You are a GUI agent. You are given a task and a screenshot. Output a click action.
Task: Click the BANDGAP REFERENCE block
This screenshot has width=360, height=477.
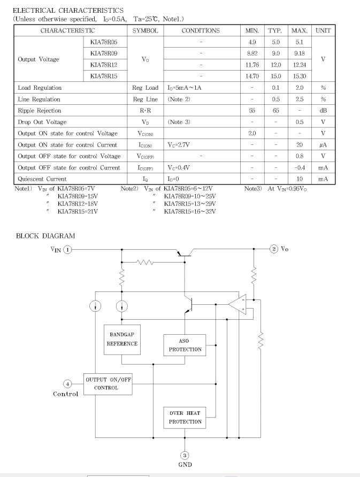pos(122,340)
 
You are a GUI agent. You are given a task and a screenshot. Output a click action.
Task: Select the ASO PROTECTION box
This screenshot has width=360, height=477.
pos(185,345)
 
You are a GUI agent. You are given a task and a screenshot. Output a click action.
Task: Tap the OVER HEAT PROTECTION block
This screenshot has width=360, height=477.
pos(185,417)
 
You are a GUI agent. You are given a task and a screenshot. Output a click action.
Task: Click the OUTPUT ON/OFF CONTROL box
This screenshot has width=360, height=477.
pos(108,384)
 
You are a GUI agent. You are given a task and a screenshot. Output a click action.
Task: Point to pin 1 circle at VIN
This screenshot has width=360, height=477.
pos(67,250)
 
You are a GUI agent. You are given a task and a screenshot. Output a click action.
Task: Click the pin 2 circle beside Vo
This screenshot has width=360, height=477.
pos(274,249)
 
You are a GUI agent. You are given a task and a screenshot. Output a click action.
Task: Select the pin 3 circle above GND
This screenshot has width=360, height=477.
pos(185,456)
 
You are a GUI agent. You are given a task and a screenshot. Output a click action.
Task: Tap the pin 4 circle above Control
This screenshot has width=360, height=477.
pos(67,384)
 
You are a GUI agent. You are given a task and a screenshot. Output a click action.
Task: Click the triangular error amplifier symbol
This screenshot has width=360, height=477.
pos(238,304)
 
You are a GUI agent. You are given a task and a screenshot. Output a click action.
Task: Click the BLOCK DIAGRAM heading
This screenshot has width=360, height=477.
pos(45,236)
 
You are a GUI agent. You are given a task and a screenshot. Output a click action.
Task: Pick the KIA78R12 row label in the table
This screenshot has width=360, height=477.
pos(104,65)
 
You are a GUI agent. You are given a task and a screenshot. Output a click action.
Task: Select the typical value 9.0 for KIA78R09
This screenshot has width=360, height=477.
pos(275,53)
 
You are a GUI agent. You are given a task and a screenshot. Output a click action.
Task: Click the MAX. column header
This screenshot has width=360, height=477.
pos(300,30)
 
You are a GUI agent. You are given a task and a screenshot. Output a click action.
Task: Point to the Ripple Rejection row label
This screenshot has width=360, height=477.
pos(40,111)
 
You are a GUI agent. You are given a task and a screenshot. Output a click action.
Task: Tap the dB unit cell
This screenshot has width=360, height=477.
pos(323,111)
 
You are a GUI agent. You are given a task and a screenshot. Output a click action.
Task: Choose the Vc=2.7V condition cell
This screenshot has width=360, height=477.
pos(179,145)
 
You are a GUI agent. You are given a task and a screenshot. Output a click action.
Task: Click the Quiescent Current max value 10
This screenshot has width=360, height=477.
pos(300,179)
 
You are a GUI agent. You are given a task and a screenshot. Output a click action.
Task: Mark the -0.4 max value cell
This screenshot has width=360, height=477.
pos(300,167)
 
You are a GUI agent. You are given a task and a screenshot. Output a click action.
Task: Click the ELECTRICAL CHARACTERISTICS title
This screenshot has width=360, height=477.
pos(68,10)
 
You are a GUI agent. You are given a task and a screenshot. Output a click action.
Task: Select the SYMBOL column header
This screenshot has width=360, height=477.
pos(145,30)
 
